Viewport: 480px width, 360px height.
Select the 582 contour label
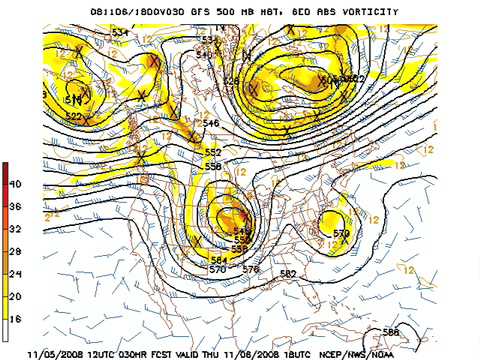pos(288,273)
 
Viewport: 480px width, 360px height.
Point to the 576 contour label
pos(250,268)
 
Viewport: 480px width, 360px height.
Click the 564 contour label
pos(218,260)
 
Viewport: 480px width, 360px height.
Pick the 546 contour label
pos(211,123)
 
